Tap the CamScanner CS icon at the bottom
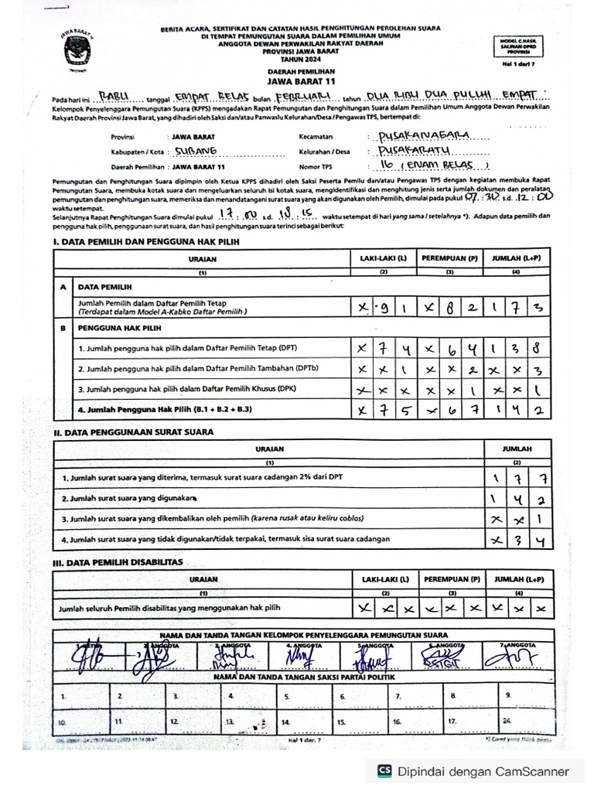pyautogui.click(x=384, y=771)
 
